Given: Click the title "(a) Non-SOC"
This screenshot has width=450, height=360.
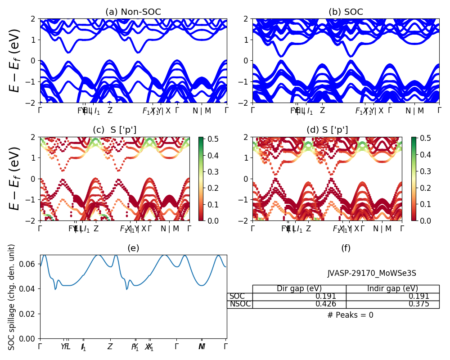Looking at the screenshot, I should (x=133, y=12).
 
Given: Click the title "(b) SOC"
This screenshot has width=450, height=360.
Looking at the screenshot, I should (x=346, y=12).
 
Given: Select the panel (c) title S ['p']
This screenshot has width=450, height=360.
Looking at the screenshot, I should (x=115, y=130).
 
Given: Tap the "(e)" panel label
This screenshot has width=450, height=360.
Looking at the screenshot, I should (x=133, y=248).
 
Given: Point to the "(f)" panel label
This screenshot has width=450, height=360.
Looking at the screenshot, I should (x=346, y=248).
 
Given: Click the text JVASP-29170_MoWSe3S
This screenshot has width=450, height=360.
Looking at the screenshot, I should (x=372, y=273).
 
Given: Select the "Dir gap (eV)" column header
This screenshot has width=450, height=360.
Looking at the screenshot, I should (x=299, y=289).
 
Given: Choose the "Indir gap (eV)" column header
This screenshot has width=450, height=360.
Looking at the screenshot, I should (x=392, y=289).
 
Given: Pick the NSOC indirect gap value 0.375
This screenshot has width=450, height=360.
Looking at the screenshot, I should (x=418, y=304).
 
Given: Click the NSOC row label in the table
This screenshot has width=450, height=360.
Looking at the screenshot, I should (x=240, y=304).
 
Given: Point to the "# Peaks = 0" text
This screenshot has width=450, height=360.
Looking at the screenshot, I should (x=350, y=315).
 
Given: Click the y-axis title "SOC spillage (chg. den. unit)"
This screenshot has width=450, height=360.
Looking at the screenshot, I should (x=12, y=297).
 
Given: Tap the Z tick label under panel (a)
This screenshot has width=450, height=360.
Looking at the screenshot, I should (x=110, y=111).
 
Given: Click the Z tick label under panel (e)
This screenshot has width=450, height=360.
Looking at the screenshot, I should (x=110, y=347).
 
